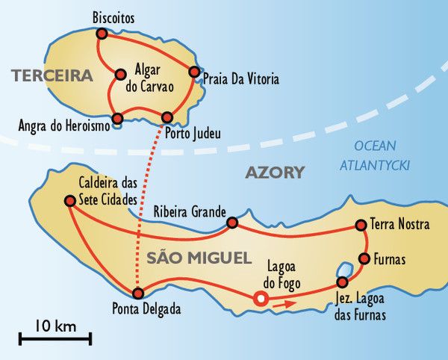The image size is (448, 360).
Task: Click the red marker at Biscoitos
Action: [101, 34]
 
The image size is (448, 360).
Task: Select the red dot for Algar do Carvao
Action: [119, 74]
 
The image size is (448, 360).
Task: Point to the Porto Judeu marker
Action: [167, 117]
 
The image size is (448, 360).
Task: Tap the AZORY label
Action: [275, 173]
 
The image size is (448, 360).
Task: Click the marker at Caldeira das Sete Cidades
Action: [69, 200]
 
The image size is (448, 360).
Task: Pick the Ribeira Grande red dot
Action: [232, 223]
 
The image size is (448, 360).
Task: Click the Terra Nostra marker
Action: [361, 224]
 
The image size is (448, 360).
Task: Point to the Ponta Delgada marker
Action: [137, 294]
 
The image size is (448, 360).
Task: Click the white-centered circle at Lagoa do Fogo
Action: [260, 299]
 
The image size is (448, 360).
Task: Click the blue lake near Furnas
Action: [344, 270]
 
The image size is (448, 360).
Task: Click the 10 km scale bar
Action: [55, 338]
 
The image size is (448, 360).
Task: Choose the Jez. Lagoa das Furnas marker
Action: [343, 282]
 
